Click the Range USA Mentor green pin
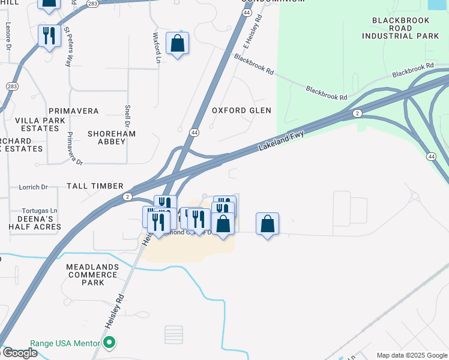coord(109,344)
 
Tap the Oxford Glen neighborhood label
coord(241,110)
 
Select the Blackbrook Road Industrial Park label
coord(401,28)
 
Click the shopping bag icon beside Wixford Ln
coord(177,43)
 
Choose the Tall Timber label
coord(95,186)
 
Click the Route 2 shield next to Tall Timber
coord(127,197)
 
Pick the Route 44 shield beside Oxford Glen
coord(194,132)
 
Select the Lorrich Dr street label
coord(32,187)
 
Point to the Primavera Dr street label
coord(71,148)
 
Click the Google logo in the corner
coord(19,353)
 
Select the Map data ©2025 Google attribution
coord(411,355)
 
